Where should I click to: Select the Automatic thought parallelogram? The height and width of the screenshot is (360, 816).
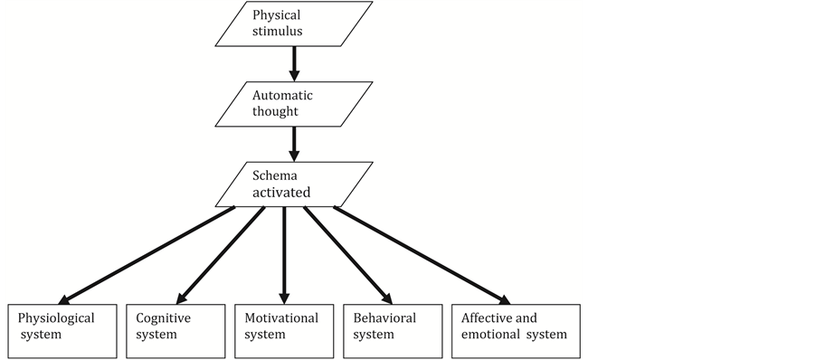coord(293,104)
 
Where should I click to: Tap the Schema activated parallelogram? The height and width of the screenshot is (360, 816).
coord(293,184)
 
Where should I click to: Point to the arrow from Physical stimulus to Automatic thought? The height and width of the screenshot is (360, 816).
coord(293,63)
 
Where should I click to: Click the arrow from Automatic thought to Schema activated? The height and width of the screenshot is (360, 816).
coord(293,143)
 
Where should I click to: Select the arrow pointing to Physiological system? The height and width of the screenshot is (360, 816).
coord(149,254)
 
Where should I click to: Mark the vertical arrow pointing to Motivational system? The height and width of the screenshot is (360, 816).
coord(284,254)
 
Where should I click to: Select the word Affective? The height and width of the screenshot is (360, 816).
coord(487,318)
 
